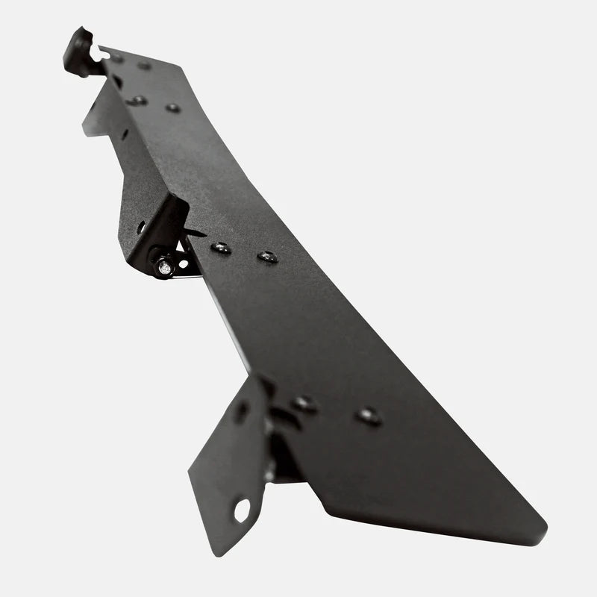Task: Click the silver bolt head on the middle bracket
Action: point(164,265)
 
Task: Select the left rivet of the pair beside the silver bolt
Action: point(221,248)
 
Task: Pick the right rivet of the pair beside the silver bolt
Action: point(267,257)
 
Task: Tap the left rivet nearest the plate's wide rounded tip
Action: point(304,404)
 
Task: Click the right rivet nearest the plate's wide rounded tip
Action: point(368,416)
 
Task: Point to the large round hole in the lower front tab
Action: point(241,510)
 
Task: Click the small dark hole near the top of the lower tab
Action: point(242,411)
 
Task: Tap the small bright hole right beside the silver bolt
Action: point(183,263)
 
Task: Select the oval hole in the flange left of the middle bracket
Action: point(141,227)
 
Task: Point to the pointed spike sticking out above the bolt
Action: point(197,234)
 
